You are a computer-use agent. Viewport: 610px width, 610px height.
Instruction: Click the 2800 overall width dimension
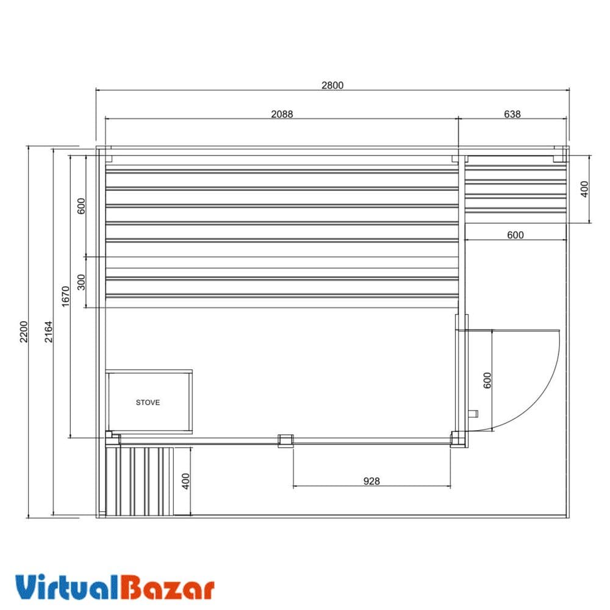pyautogui.click(x=332, y=85)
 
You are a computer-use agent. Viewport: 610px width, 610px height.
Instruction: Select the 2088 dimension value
pyautogui.click(x=282, y=114)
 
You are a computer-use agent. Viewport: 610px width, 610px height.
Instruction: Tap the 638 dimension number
pyautogui.click(x=512, y=114)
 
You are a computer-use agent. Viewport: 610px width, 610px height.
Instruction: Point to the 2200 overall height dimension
pyautogui.click(x=24, y=332)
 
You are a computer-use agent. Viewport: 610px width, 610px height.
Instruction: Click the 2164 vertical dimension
pyautogui.click(x=48, y=332)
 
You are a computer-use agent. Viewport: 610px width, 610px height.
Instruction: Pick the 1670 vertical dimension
pyautogui.click(x=66, y=296)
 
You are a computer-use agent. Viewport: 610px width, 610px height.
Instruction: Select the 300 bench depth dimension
pyautogui.click(x=81, y=282)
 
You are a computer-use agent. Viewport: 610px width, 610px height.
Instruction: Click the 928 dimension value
pyautogui.click(x=371, y=481)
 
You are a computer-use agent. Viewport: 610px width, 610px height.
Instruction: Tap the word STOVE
pyautogui.click(x=148, y=402)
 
